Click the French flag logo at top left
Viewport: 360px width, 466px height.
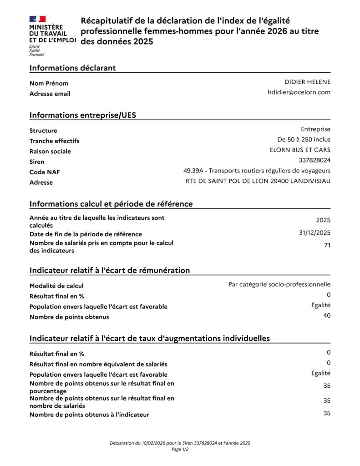pos(37,19)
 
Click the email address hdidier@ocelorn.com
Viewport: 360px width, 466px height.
pos(299,92)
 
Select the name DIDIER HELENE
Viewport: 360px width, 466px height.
pos(307,82)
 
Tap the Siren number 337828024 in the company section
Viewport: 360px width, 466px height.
pos(314,160)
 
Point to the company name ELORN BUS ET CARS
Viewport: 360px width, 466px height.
pos(300,150)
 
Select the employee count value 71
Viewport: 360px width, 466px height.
pos(327,246)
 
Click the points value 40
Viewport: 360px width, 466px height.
pos(327,315)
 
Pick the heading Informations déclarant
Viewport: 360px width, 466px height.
pos(73,68)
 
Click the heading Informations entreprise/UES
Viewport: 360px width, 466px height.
pos(83,115)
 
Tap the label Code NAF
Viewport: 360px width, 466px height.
pos(45,172)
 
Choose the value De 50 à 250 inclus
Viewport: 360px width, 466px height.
pos(304,139)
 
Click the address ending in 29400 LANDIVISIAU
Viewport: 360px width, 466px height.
pos(258,181)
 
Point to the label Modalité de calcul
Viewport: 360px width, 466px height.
pos(56,286)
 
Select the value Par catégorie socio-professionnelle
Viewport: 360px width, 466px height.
pos(279,284)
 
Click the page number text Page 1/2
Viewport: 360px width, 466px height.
pos(180,449)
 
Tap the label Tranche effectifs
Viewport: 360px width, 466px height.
pos(54,141)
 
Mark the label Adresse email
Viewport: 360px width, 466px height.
pos(50,94)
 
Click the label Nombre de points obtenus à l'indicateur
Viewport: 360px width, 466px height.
pos(89,415)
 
